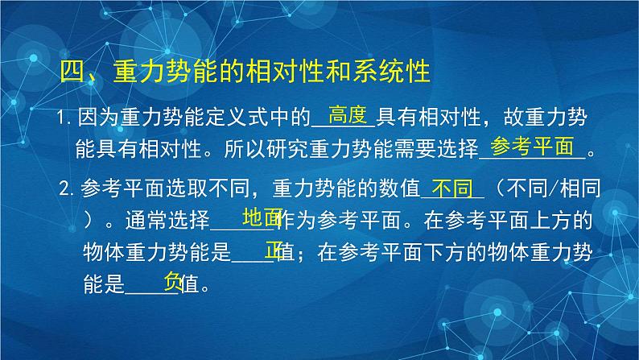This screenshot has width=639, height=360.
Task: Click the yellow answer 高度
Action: pyautogui.click(x=348, y=114)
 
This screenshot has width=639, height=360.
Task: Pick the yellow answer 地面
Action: pyautogui.click(x=262, y=217)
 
